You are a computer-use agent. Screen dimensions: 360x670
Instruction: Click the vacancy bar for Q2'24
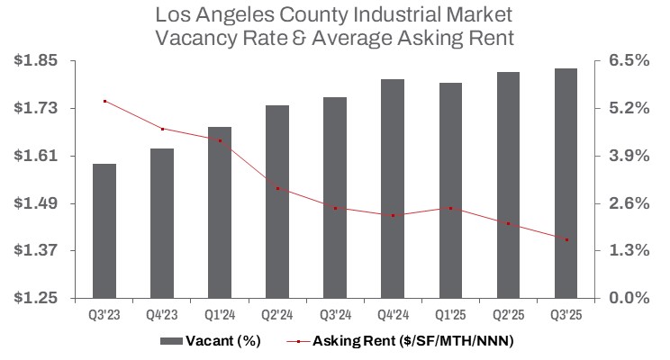point(277,202)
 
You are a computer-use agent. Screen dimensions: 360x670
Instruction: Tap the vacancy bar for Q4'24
point(393,188)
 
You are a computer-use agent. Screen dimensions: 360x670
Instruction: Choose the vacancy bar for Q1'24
point(220,212)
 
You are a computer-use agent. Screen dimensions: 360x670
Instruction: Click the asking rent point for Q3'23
point(104,101)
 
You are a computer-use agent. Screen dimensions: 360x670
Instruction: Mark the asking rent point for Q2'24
point(277,188)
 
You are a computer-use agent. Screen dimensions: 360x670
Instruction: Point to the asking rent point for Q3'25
point(566,239)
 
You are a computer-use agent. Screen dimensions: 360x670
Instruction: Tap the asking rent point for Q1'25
point(450,208)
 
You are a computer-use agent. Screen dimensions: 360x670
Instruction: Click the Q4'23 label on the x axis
point(162,315)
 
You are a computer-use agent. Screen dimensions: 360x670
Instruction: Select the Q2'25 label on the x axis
point(508,315)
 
